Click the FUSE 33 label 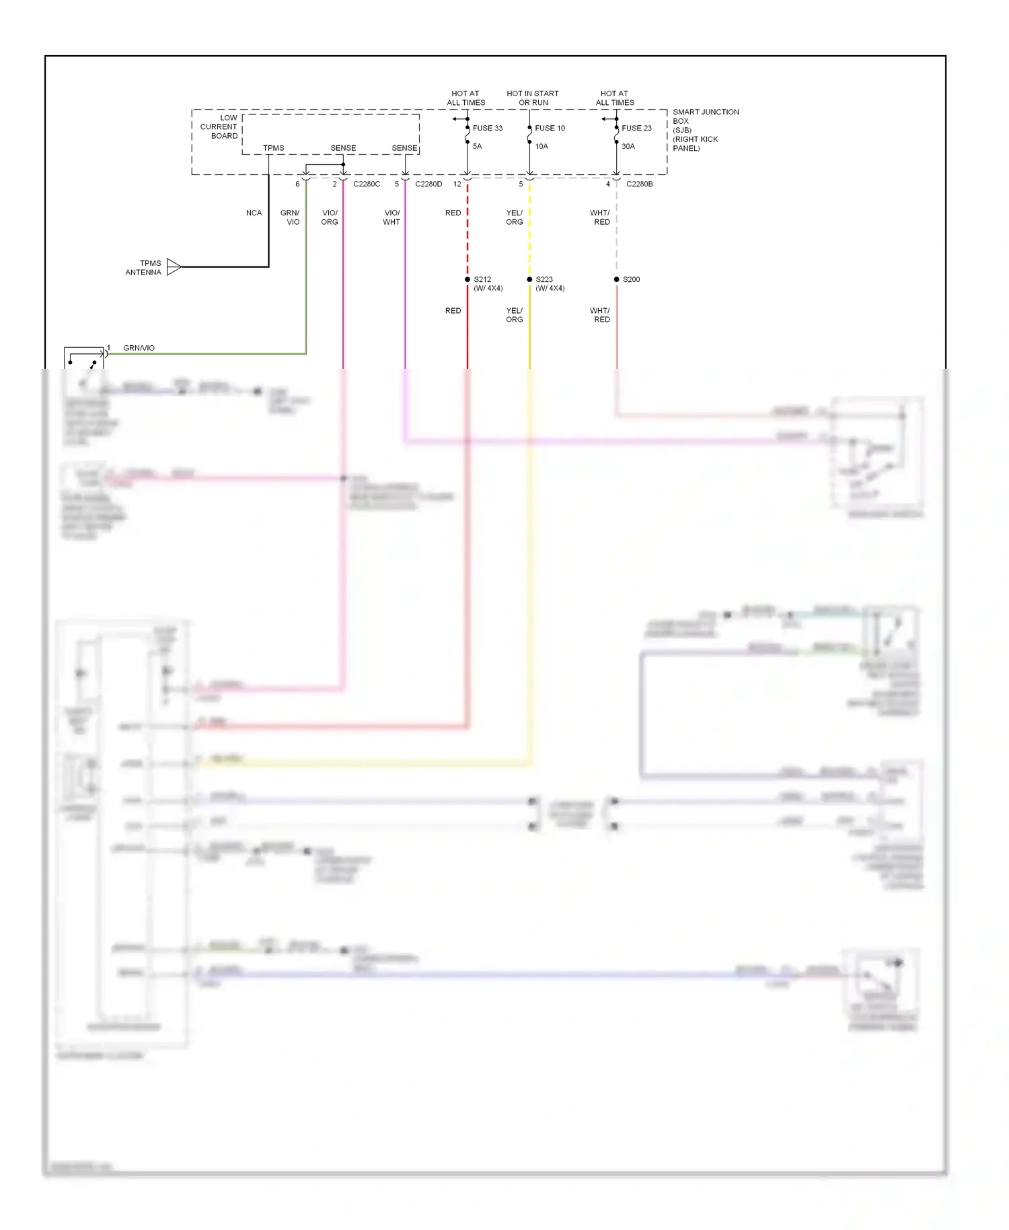[487, 128]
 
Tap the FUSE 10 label [550, 128]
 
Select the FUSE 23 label [636, 128]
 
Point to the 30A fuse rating [628, 146]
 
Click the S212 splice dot [468, 279]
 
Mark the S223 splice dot [529, 279]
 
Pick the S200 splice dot [616, 279]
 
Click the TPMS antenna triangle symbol [174, 267]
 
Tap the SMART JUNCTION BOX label [705, 116]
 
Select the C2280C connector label [367, 184]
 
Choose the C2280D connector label [428, 184]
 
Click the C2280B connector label [639, 184]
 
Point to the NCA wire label [254, 213]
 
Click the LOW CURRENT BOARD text [219, 126]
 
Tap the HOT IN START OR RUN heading [533, 98]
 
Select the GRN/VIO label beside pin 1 [139, 348]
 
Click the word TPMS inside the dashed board [273, 148]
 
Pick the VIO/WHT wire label [391, 217]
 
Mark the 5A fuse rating [477, 146]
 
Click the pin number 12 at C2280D [457, 184]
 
